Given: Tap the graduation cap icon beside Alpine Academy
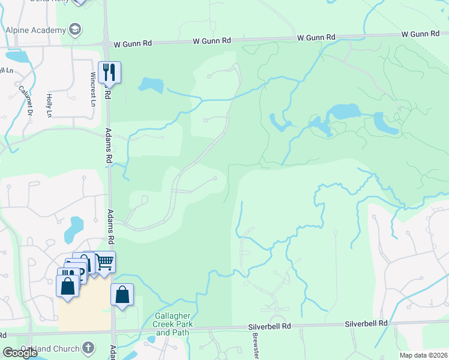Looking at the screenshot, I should pyautogui.click(x=75, y=29).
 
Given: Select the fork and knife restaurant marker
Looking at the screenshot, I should pyautogui.click(x=109, y=72).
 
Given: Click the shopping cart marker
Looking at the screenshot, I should pyautogui.click(x=105, y=262).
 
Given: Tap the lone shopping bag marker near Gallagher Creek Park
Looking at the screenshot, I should pyautogui.click(x=122, y=295).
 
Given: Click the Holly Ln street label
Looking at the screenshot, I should pyautogui.click(x=49, y=105).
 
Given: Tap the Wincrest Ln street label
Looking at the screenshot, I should pyautogui.click(x=93, y=90).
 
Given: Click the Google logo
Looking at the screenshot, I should pyautogui.click(x=20, y=353).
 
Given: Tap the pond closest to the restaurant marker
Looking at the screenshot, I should pyautogui.click(x=151, y=85).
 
